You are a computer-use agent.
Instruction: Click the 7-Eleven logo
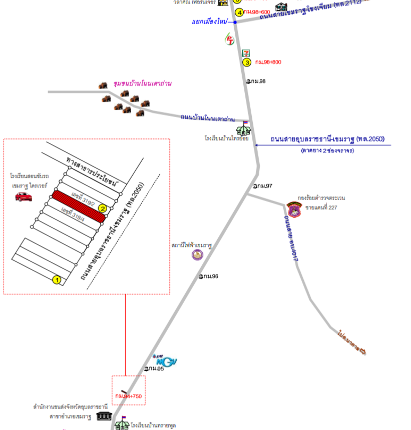[246, 53]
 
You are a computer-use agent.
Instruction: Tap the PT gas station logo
[230, 40]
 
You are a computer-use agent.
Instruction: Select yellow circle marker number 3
[247, 62]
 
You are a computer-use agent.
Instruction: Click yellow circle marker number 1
[57, 280]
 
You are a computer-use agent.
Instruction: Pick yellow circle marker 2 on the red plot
[102, 208]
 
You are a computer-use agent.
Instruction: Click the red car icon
[24, 196]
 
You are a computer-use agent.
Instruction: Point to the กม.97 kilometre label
[263, 186]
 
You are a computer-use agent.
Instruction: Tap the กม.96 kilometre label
[209, 276]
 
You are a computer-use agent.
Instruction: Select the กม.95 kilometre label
[155, 368]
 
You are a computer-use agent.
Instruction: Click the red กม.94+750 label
[129, 396]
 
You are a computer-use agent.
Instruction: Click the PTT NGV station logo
[165, 360]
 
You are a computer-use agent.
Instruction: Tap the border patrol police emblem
[294, 210]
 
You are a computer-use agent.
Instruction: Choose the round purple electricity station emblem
[198, 255]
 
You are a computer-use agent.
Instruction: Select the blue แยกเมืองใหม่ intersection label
[209, 22]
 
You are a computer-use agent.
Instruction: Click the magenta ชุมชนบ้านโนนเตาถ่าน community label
[142, 83]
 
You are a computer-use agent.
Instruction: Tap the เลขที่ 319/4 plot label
[72, 213]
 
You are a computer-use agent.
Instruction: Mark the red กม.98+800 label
[268, 62]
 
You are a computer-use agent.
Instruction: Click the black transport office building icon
[104, 416]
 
